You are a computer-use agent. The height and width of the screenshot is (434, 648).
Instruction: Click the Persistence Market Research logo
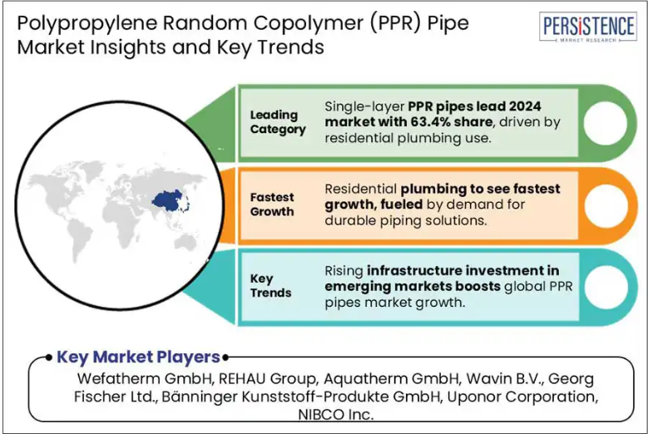(587, 27)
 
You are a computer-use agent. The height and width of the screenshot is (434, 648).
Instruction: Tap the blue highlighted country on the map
(169, 201)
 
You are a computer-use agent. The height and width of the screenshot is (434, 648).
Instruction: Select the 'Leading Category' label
(278, 122)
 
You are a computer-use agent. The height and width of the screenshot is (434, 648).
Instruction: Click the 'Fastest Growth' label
(272, 204)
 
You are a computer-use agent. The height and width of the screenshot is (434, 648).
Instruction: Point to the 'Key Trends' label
(270, 285)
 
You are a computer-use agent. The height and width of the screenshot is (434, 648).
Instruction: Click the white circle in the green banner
(606, 123)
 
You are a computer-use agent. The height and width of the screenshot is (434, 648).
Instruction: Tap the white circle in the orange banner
(606, 205)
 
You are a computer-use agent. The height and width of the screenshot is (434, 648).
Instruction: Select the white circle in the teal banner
(606, 287)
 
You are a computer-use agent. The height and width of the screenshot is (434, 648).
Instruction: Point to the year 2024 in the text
(525, 106)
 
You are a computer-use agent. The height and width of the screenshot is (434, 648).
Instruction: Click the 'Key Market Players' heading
(138, 358)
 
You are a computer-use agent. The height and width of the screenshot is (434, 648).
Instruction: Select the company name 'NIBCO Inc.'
(335, 414)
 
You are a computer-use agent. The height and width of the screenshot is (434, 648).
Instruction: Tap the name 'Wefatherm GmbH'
(145, 378)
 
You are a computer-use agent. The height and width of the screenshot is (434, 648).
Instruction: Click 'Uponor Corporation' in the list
(522, 397)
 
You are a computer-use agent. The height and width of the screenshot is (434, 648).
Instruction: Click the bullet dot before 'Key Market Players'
(49, 358)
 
